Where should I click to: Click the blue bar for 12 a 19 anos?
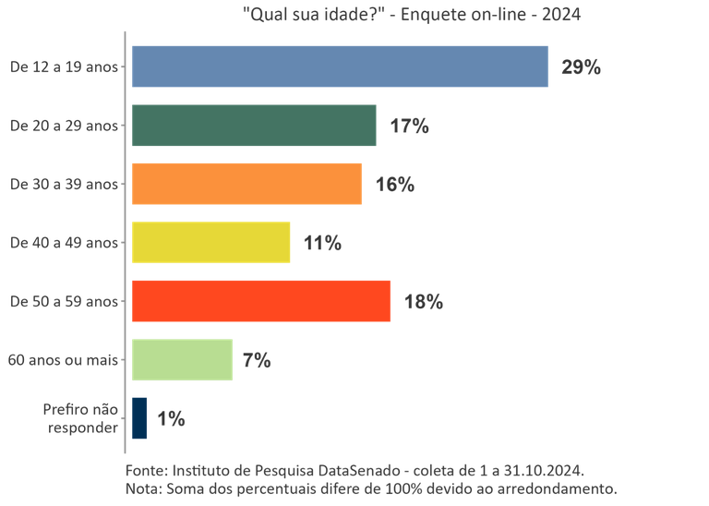pyautogui.click(x=339, y=66)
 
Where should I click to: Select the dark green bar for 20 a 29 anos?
pyautogui.click(x=254, y=126)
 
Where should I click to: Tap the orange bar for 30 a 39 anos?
pyautogui.click(x=246, y=184)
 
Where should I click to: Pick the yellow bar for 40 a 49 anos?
pyautogui.click(x=211, y=242)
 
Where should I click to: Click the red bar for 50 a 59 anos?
pyautogui.click(x=261, y=301)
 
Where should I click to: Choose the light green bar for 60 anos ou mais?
pyautogui.click(x=182, y=360)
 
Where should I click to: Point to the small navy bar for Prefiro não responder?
pyautogui.click(x=139, y=417)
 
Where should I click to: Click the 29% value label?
pyautogui.click(x=581, y=67)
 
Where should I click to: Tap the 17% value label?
pyautogui.click(x=409, y=126)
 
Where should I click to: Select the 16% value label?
pyautogui.click(x=394, y=185)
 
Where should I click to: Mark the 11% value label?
pyautogui.click(x=323, y=243)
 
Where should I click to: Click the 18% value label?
pyautogui.click(x=424, y=302)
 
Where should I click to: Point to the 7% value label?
pyautogui.click(x=256, y=361)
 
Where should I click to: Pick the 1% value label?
pyautogui.click(x=171, y=419)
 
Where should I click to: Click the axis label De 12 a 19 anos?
pyautogui.click(x=64, y=66)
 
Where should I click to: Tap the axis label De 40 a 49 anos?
pyautogui.click(x=64, y=243)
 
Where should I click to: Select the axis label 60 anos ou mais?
pyautogui.click(x=63, y=360)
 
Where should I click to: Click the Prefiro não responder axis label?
pyautogui.click(x=80, y=418)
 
